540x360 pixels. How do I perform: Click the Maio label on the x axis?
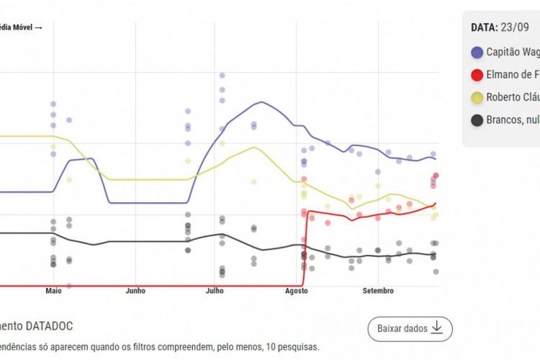tap(53, 292)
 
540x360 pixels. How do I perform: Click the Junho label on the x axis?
tap(135, 292)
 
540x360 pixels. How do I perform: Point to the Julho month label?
tap(215, 292)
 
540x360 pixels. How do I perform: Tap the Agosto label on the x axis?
tap(296, 292)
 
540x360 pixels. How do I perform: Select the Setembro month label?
tap(378, 292)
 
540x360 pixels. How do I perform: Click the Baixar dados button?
tap(410, 329)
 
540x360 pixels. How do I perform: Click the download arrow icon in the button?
tap(438, 329)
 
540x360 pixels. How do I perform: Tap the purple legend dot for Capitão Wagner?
tap(477, 53)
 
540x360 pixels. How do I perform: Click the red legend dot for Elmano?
tap(477, 75)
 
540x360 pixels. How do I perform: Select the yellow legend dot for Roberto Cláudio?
tap(477, 98)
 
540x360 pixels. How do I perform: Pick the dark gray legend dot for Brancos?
tap(477, 120)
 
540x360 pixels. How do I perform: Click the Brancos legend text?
tap(512, 120)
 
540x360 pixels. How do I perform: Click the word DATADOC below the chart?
tap(46, 327)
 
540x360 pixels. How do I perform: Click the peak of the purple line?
tap(261, 102)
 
